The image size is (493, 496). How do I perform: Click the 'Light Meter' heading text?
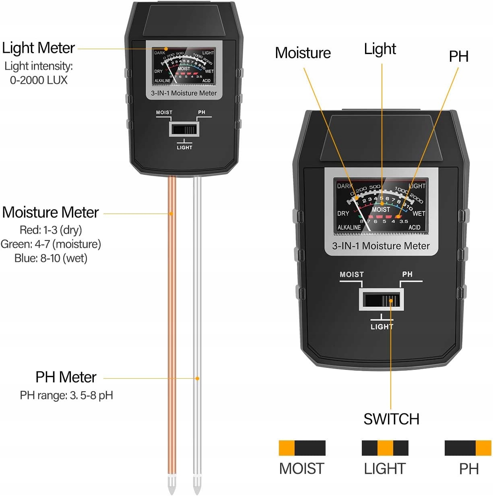[x=38, y=48]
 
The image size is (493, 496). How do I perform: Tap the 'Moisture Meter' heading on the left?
[x=50, y=212]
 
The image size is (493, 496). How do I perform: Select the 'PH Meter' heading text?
[x=66, y=377]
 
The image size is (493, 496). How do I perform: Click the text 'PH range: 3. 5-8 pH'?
[x=66, y=395]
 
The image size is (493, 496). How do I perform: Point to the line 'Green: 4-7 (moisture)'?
[x=51, y=244]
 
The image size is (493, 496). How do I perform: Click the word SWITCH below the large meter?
[x=391, y=419]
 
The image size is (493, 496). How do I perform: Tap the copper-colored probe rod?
[x=172, y=322]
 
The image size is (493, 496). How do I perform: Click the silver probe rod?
[x=197, y=322]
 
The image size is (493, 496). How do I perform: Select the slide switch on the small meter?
[x=184, y=130]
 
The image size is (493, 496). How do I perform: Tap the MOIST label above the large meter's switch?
[x=351, y=274]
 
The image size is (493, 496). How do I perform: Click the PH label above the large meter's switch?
[x=407, y=274]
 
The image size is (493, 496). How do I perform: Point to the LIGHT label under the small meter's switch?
[x=184, y=147]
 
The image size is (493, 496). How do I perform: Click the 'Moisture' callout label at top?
[x=303, y=53]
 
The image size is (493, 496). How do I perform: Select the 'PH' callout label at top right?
[x=458, y=56]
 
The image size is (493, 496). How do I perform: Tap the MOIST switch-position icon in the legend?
[x=302, y=448]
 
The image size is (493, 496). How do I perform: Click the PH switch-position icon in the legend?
[x=468, y=448]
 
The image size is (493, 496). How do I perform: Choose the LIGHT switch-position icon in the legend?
[x=385, y=448]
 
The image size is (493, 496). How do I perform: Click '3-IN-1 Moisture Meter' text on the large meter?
[x=381, y=246]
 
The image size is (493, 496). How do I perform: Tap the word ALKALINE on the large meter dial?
[x=349, y=227]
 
